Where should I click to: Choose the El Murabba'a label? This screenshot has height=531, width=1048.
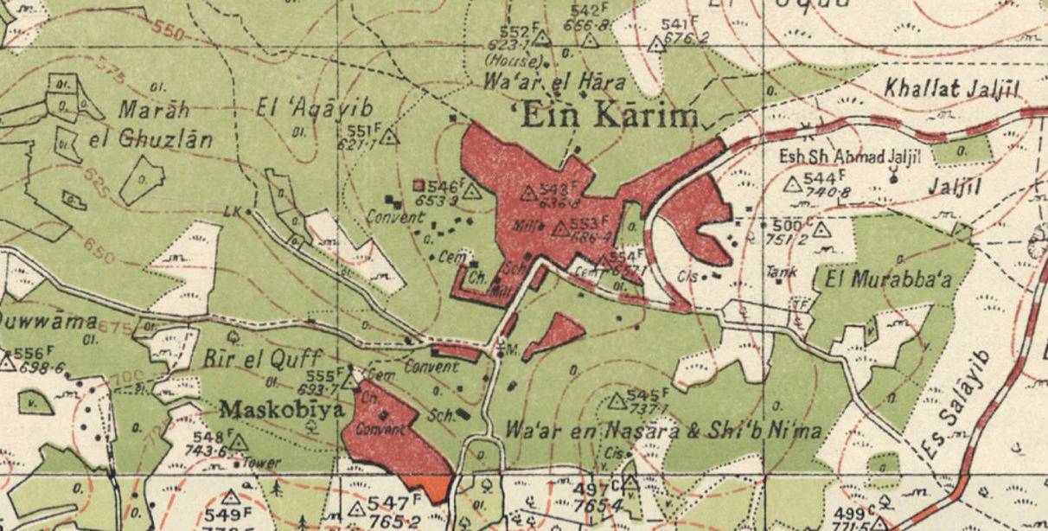888,279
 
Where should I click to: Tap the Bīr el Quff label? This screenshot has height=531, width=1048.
263,357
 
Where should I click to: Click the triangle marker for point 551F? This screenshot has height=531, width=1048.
389,136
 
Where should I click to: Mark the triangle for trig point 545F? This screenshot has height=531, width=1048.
617,401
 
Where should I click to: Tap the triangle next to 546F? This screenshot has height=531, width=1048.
471,191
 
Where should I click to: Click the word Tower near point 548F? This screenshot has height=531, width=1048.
262,464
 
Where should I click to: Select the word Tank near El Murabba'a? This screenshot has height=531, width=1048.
781,272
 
